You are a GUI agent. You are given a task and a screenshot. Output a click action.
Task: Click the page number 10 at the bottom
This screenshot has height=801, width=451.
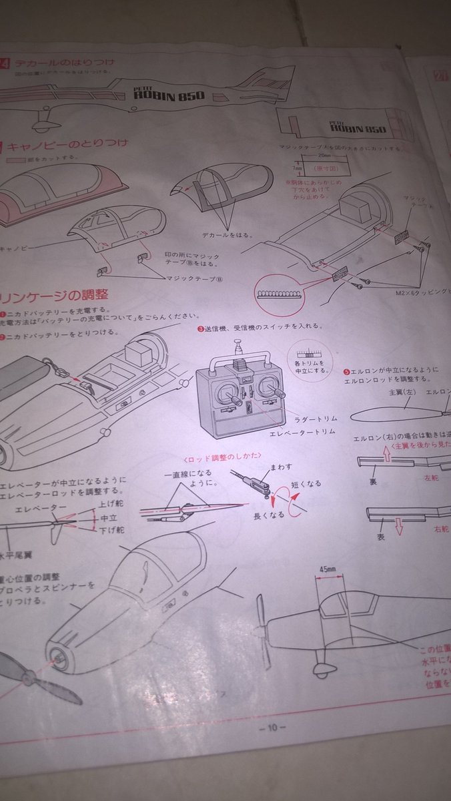pyautogui.click(x=272, y=728)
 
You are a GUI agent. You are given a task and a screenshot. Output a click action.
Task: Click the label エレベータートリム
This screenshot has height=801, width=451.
pyautogui.click(x=302, y=433)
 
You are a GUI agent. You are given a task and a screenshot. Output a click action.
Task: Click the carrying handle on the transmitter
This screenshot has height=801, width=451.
pyautogui.click(x=240, y=357)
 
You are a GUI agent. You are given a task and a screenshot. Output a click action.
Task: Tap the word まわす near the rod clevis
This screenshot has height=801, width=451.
pyautogui.click(x=280, y=467)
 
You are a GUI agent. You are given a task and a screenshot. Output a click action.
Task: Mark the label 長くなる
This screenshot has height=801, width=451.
pyautogui.click(x=269, y=515)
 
